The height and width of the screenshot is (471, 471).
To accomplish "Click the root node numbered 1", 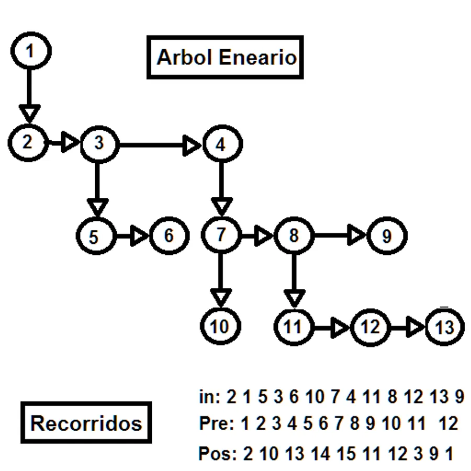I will [x=31, y=52].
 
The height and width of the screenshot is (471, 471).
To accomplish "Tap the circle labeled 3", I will [x=99, y=144].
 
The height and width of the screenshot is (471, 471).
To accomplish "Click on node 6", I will [x=169, y=235].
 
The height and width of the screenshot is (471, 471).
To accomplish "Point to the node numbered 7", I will [x=221, y=235].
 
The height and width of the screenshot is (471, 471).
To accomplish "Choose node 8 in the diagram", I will [x=294, y=235].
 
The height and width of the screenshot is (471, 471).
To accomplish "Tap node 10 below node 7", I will [x=221, y=327].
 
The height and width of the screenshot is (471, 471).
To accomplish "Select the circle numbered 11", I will [x=294, y=327].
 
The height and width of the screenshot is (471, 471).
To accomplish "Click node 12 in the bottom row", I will [x=369, y=328].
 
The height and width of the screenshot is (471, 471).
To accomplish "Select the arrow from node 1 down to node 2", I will [x=29, y=94].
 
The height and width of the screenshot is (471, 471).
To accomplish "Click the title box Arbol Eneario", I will [x=226, y=57].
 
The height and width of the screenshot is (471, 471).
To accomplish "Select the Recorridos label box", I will [x=86, y=422].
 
